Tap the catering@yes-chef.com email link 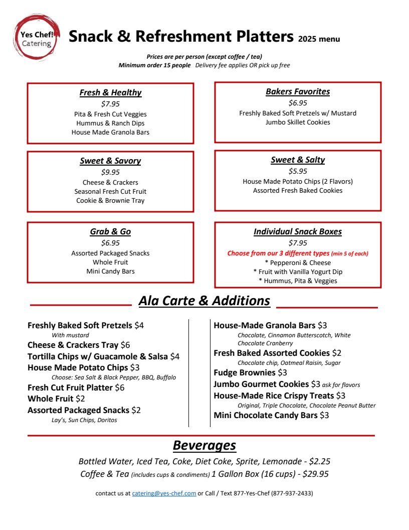[164, 493]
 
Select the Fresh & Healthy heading [110, 93]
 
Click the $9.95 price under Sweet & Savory [110, 172]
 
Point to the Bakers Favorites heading [298, 92]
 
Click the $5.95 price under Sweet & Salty [298, 171]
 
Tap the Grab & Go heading [110, 232]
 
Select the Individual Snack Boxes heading [298, 232]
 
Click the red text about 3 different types [298, 253]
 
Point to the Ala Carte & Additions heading [204, 301]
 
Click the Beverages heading [204, 446]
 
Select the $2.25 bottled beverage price [319, 461]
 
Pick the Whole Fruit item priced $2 [51, 399]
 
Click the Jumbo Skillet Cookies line [298, 122]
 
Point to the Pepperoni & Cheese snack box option [298, 262]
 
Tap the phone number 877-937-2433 [292, 493]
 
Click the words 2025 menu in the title [319, 39]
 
